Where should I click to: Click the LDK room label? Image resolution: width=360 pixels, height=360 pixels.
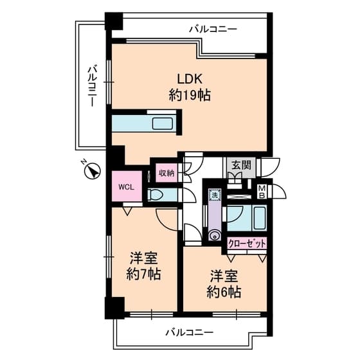[x=190, y=79]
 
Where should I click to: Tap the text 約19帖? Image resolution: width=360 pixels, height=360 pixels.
[x=190, y=96]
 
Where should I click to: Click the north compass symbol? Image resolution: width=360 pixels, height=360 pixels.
[x=93, y=171]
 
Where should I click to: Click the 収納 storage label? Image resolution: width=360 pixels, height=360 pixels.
[x=166, y=173]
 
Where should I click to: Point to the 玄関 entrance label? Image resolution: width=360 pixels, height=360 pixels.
[x=241, y=164]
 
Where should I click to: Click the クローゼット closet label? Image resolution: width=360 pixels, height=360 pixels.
[x=247, y=244]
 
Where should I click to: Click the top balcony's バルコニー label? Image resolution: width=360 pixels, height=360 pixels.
[x=213, y=29]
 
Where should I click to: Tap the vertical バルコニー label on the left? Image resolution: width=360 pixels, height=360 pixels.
[x=92, y=85]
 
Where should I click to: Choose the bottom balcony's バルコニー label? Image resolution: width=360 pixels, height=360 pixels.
[x=188, y=332]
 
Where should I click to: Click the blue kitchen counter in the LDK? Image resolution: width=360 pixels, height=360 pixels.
[x=147, y=123]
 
